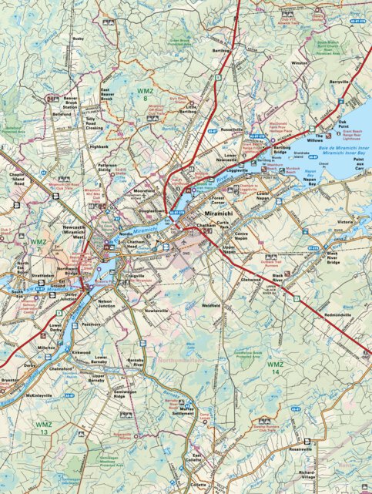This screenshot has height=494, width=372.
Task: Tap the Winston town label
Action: [x=300, y=62]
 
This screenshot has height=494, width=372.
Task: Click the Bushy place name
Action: [x=78, y=38]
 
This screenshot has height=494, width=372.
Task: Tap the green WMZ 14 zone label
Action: [x=275, y=367]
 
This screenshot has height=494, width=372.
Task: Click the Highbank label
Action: [x=99, y=146]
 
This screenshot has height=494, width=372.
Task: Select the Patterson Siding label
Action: [x=107, y=168]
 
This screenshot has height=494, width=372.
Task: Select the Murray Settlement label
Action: [x=182, y=411]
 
